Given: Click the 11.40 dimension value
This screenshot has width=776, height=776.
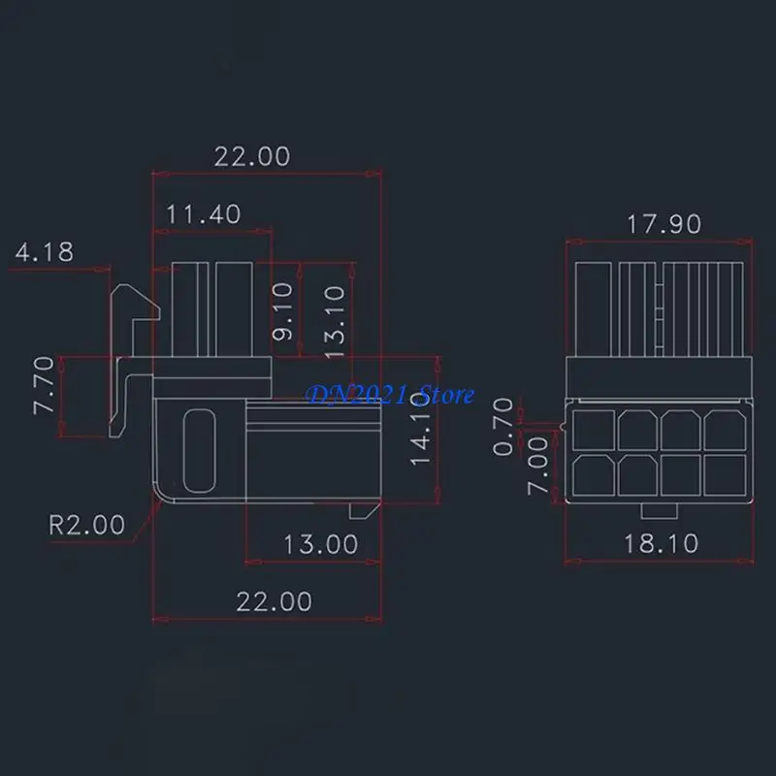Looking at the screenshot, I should coord(202,213).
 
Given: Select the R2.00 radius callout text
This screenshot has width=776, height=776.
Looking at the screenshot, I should coord(86,525).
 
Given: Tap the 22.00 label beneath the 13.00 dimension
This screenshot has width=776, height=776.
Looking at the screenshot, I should coord(275,601).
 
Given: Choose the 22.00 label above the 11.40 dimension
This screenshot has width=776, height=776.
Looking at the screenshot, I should coord(252,155).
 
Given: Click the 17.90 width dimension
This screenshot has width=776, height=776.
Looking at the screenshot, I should coord(663,223).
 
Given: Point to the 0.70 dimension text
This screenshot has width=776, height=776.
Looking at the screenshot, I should coord(503,418).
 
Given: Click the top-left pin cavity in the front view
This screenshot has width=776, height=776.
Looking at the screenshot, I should coord(592,428).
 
